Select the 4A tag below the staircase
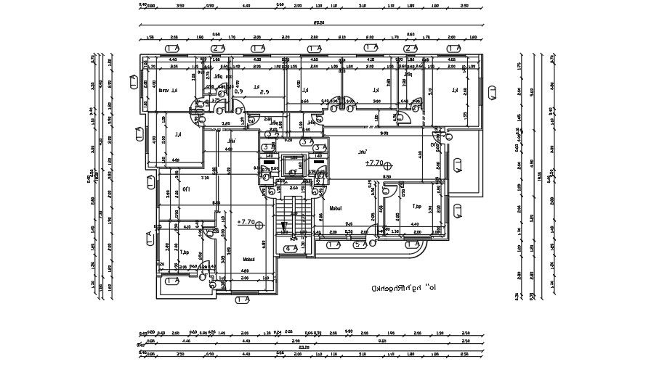[291, 249]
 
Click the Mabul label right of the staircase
[336, 208]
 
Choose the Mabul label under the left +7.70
[248, 259]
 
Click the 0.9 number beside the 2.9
[238, 92]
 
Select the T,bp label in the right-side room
[417, 206]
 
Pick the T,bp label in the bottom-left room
[185, 252]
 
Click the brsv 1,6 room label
[169, 91]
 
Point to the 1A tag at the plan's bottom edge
[243, 298]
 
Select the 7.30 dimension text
[205, 177]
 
